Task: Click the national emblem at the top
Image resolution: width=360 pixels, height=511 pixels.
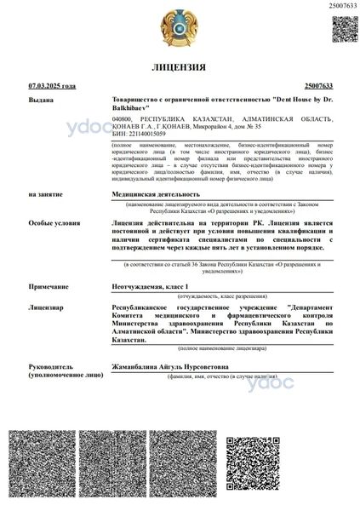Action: click(180, 28)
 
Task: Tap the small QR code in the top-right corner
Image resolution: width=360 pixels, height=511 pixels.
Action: click(344, 29)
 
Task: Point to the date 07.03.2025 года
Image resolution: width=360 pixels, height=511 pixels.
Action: click(52, 86)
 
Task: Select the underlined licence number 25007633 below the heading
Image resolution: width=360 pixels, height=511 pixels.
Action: click(318, 86)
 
